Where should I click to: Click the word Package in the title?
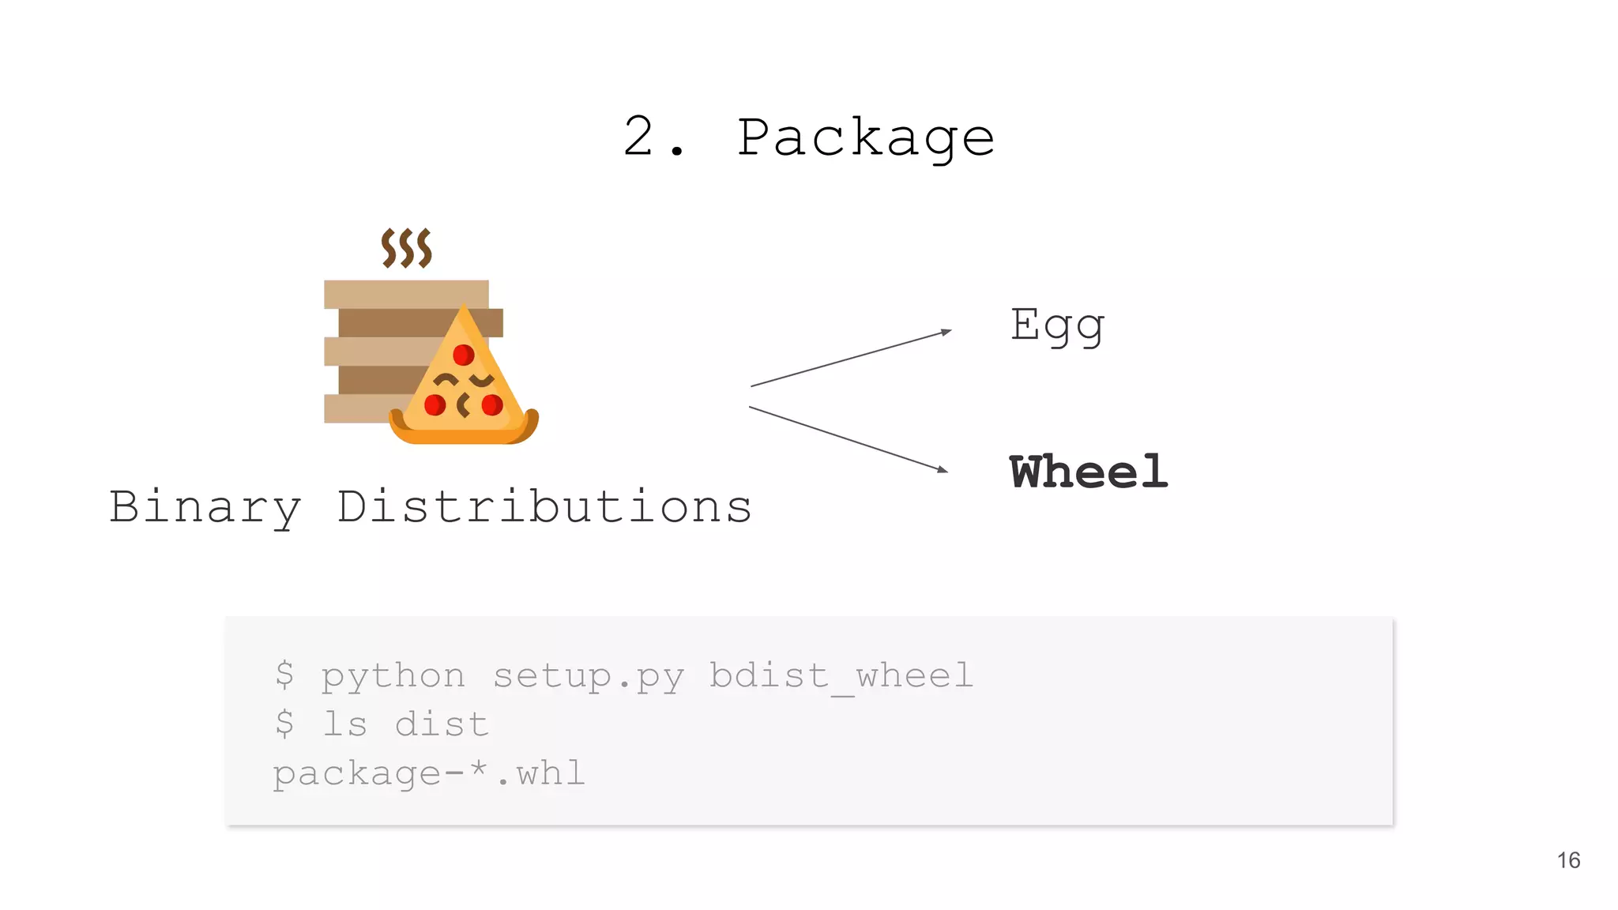point(865,138)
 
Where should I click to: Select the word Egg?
point(1057,325)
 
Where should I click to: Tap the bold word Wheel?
point(1088,472)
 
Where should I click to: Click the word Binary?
point(205,507)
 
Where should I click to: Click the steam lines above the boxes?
point(406,248)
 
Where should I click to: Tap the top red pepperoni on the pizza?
point(464,355)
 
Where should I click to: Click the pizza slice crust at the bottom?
point(464,434)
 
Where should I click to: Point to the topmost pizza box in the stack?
point(405,294)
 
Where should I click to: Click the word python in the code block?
point(393,677)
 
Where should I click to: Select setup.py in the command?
point(589,677)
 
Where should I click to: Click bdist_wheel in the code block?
point(841,677)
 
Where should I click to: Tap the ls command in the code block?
point(344,724)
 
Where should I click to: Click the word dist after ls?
point(442,724)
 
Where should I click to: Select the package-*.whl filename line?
point(429,773)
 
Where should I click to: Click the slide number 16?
point(1568,860)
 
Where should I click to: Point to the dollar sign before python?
point(284,676)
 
